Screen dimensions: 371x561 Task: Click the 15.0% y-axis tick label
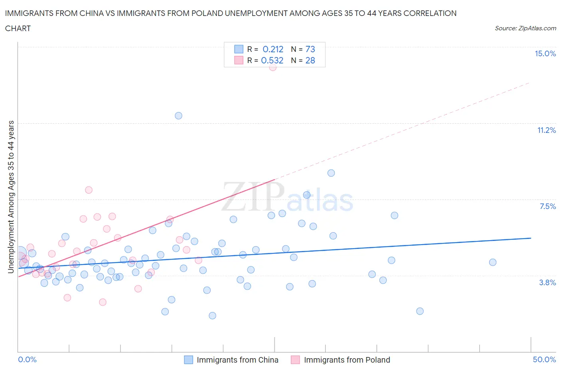tap(545, 53)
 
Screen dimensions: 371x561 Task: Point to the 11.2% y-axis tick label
tap(546, 130)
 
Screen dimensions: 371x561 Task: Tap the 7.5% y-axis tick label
tap(547, 206)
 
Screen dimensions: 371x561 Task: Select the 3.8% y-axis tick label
tap(547, 282)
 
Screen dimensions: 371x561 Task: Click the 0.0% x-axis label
tap(27, 359)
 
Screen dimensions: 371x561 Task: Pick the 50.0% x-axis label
tap(544, 359)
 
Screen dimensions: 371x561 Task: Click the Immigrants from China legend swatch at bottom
tap(188, 360)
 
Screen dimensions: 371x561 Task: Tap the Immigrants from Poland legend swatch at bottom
tap(295, 360)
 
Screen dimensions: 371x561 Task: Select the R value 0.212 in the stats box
tap(273, 49)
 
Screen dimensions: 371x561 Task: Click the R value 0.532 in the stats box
tap(272, 60)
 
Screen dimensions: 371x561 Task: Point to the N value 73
tap(310, 49)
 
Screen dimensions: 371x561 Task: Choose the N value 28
tap(310, 60)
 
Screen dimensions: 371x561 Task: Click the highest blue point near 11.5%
tap(178, 116)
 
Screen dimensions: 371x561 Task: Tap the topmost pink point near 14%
tap(273, 67)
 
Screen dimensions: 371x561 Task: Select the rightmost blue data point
tap(492, 262)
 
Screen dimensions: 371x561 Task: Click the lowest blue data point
tap(212, 316)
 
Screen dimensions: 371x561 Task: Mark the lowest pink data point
tap(103, 302)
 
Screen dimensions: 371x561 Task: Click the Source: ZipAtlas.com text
tap(525, 28)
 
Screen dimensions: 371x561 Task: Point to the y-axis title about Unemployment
tap(11, 197)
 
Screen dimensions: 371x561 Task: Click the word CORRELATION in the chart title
tap(430, 13)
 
